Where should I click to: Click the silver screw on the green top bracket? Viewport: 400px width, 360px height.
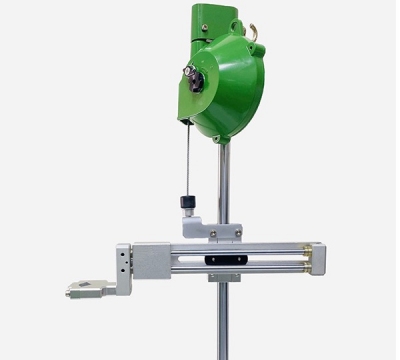point(205,28)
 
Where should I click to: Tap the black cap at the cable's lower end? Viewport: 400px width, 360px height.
point(186,203)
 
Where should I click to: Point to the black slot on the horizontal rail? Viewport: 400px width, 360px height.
point(222,260)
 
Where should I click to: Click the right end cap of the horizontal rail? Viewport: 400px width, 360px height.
point(316,258)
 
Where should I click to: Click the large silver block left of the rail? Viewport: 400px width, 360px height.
point(150,260)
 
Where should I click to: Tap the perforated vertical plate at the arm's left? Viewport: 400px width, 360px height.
point(123,268)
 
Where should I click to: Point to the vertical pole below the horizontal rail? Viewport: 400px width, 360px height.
point(222,320)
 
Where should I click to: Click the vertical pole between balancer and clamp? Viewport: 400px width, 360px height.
point(224,180)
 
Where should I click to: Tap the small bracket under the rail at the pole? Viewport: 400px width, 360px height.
point(223,277)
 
